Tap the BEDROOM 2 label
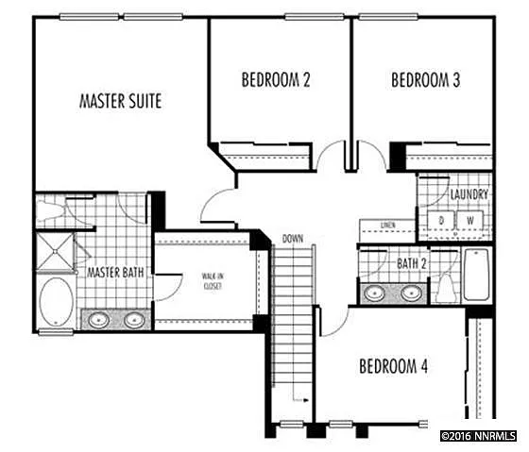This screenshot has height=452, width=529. point(276,80)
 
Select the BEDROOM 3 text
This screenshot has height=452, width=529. point(425,80)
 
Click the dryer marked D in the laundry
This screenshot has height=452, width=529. point(440,220)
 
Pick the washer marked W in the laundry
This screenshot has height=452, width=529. point(469,220)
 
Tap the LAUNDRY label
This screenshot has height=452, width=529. point(469,194)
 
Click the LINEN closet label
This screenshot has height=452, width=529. point(387,226)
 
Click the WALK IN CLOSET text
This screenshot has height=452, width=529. point(212,281)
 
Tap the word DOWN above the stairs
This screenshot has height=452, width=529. point(293,239)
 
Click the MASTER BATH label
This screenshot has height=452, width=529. point(116,273)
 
